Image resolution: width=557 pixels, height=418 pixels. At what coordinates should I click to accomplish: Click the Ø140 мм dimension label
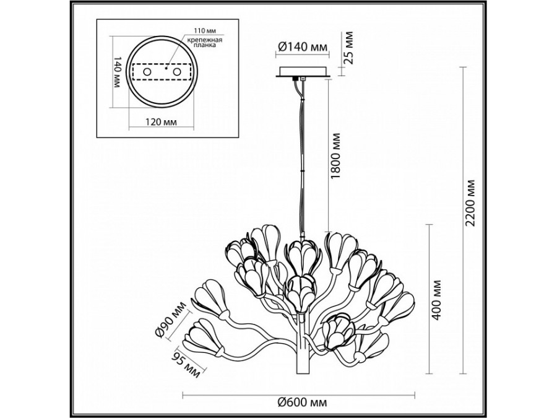(302, 46)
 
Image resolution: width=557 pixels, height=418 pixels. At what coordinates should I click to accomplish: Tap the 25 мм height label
(349, 48)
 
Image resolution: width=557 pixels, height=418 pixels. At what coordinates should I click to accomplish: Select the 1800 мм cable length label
(335, 157)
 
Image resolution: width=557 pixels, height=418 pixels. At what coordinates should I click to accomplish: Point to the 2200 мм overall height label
(471, 203)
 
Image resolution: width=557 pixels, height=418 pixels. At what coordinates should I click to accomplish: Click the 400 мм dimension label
(437, 300)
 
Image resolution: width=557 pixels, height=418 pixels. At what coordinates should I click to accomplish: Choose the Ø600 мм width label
(302, 403)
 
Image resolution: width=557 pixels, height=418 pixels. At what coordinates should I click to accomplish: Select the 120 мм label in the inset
(162, 122)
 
